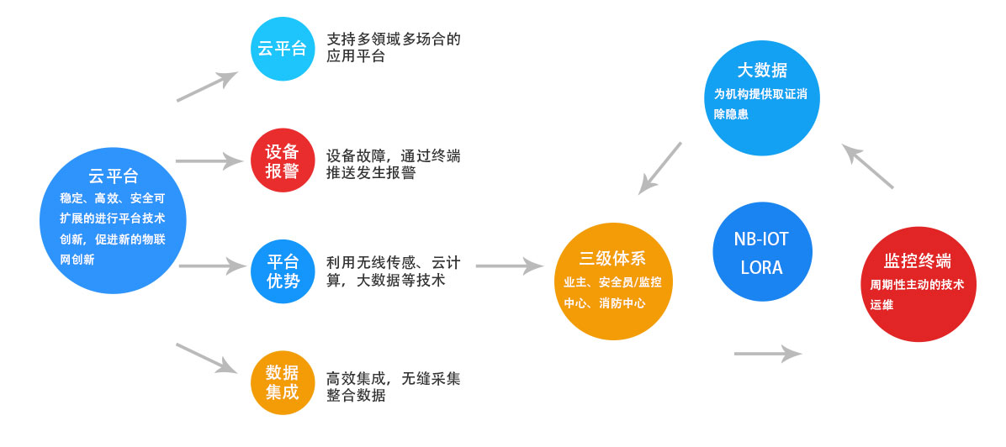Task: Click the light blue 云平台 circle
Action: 283,48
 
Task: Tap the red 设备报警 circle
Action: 283,160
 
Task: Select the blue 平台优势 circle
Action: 283,271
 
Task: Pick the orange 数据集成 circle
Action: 283,382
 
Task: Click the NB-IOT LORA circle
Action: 761,253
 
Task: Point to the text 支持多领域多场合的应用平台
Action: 393,48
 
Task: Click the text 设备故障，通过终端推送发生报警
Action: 393,165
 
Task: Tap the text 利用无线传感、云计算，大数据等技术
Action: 393,271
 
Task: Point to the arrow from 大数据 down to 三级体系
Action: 659,168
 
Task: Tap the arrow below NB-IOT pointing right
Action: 768,353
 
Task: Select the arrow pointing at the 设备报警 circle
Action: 208,160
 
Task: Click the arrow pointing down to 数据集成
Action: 206,357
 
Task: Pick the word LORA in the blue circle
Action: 761,268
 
